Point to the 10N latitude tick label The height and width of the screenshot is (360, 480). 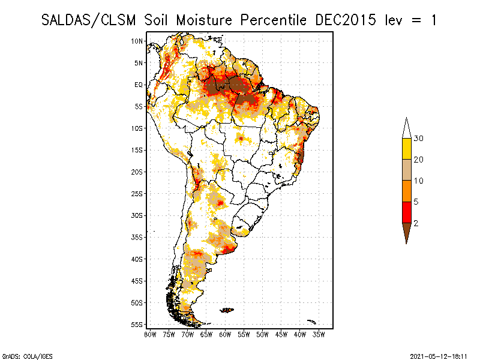137,41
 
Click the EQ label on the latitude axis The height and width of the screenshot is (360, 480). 139,85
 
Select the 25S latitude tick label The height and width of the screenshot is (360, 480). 137,193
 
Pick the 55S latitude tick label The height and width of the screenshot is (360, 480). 137,324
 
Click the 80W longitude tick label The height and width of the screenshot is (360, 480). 150,335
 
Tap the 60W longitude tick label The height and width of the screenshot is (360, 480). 225,335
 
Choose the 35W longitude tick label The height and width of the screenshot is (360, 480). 319,335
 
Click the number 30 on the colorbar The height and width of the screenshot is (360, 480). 419,139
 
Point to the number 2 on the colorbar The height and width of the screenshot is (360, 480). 416,223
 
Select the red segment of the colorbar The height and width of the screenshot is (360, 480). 406,212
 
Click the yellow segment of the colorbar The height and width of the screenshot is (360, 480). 406,149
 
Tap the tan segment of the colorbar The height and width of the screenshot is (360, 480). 406,170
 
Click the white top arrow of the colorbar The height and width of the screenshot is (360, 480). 406,128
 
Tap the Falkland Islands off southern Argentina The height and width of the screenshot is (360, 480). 227,310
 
